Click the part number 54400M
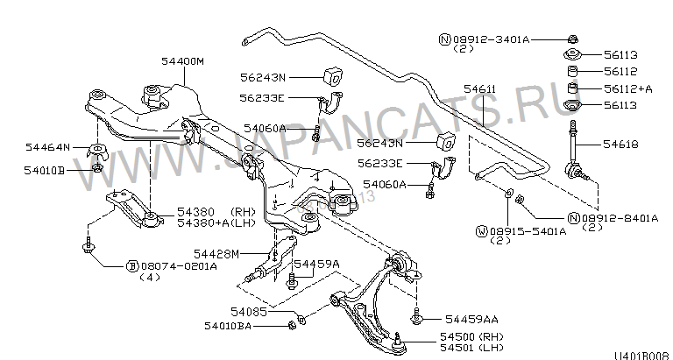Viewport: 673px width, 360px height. point(182,61)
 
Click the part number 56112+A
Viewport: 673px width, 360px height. point(628,88)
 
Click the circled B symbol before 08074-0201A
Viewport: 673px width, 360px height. point(132,265)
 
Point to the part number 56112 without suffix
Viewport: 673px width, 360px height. point(620,72)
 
